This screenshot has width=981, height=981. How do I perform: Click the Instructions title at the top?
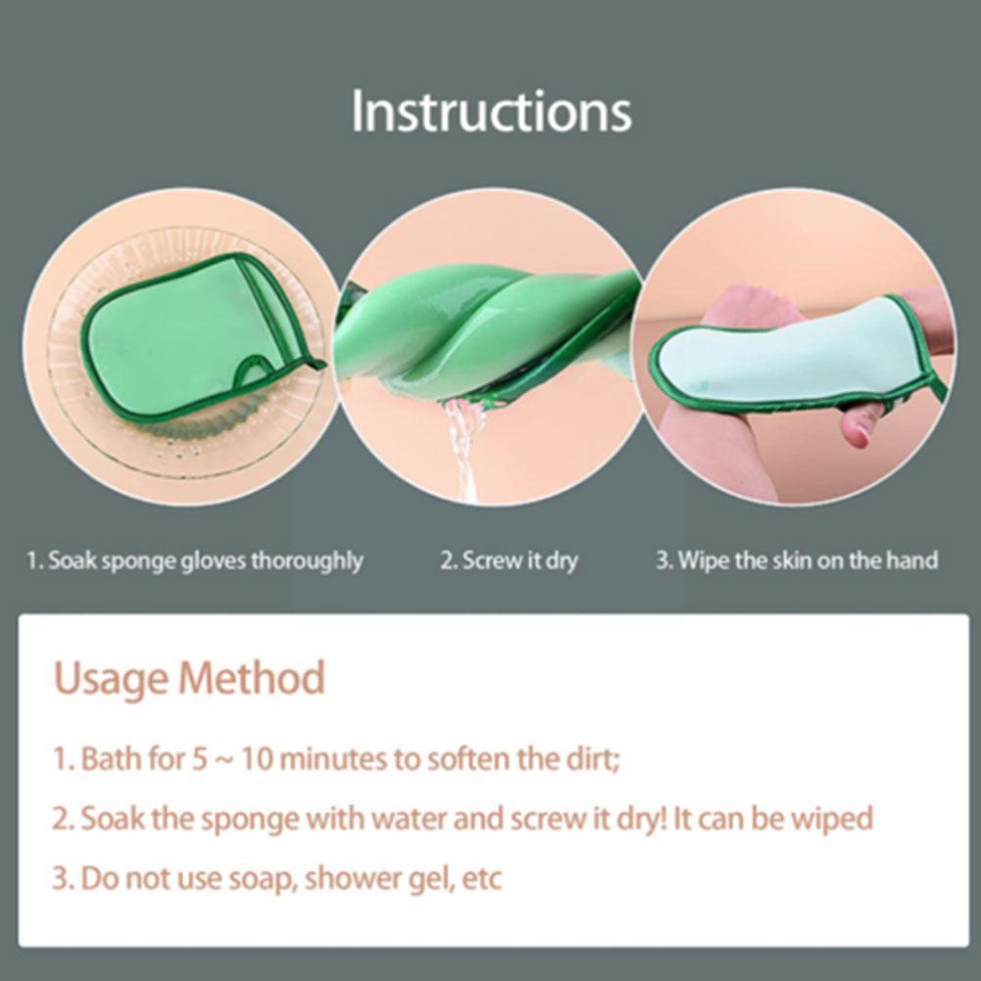pos(491,111)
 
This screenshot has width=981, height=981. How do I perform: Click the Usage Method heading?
pos(188,678)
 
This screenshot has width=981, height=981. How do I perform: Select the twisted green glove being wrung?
pos(480,333)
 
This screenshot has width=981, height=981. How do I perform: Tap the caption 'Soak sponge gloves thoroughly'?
pos(194,562)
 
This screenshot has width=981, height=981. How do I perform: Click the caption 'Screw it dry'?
pos(509,562)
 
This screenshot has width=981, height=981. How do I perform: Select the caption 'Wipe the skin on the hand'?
pos(796,562)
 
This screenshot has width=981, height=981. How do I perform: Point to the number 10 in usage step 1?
pos(260,760)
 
